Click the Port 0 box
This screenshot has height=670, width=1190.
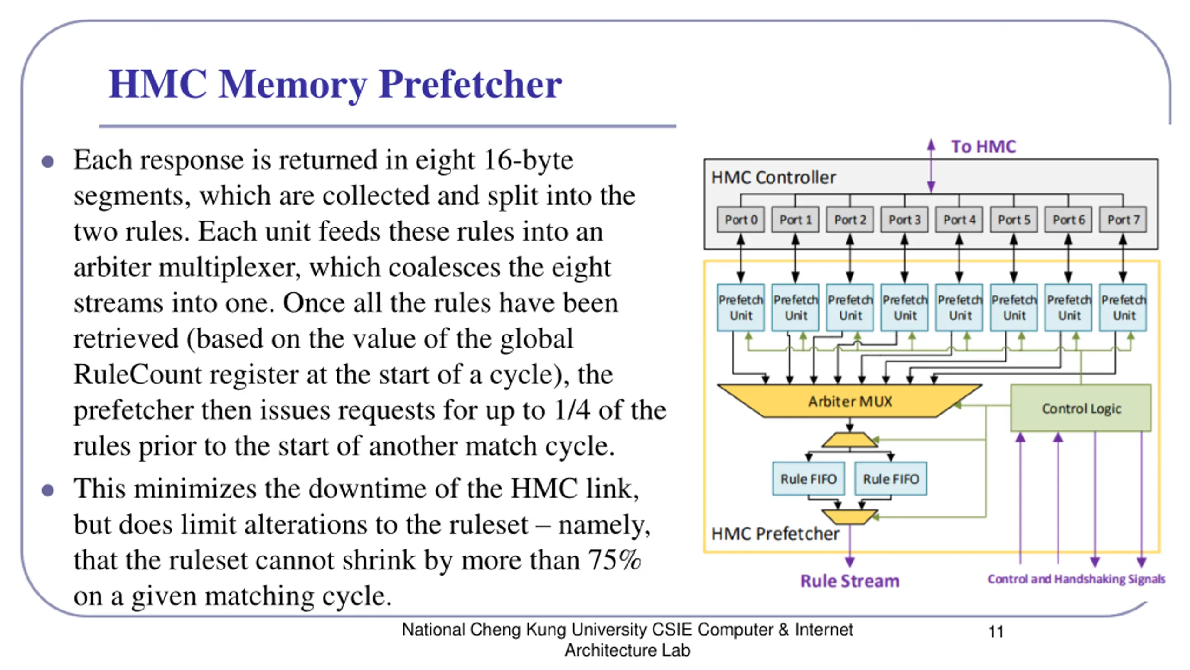click(x=740, y=219)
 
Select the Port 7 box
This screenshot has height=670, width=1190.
click(x=1123, y=219)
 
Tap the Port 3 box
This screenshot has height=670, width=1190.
click(x=904, y=219)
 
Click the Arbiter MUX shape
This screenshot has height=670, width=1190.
click(x=849, y=401)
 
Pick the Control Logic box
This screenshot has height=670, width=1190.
click(x=1081, y=408)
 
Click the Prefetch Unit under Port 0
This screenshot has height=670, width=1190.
click(x=740, y=307)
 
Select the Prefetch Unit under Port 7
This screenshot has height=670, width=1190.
click(x=1123, y=307)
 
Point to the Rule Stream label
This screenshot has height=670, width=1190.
click(x=850, y=581)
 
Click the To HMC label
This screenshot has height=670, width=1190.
click(x=983, y=147)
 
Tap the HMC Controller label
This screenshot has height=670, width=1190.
click(x=773, y=177)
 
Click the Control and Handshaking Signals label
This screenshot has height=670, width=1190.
click(x=1076, y=579)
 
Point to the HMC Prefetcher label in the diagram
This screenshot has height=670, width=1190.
click(x=775, y=534)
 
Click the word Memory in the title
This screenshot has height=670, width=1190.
click(x=293, y=84)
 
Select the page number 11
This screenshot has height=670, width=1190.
click(x=996, y=632)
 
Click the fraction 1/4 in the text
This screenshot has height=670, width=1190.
click(x=572, y=410)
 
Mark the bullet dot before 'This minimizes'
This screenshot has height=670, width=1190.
click(x=47, y=490)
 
